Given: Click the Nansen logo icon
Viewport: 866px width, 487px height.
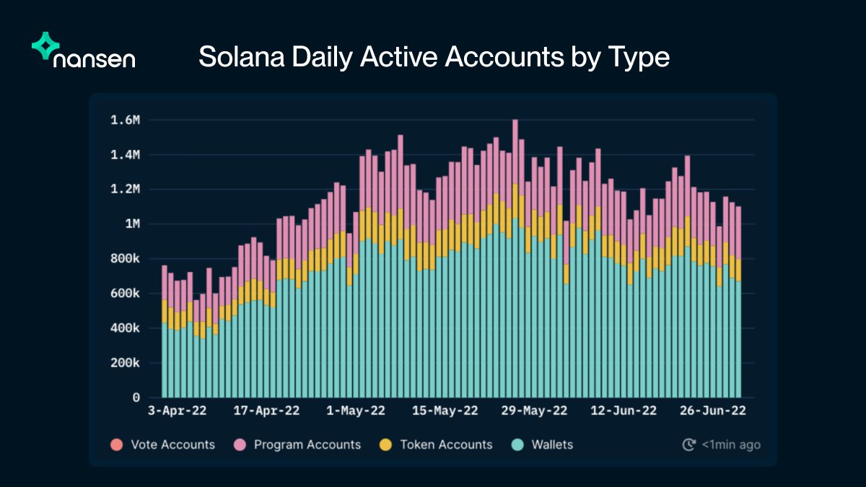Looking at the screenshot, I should (x=45, y=45).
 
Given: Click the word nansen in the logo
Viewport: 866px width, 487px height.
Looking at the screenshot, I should (x=94, y=58).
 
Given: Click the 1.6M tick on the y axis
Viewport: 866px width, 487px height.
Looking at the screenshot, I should (x=124, y=120).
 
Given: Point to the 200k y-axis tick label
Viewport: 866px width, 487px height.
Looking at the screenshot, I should (x=124, y=363).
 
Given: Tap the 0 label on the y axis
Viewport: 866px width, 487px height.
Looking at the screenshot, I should (x=135, y=398).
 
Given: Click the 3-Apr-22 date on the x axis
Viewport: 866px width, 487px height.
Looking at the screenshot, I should (x=178, y=411).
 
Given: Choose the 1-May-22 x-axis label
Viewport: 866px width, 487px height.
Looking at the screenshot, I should (x=356, y=411).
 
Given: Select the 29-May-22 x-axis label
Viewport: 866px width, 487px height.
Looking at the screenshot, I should (x=534, y=411).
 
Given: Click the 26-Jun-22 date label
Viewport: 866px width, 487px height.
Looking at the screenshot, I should (x=713, y=411).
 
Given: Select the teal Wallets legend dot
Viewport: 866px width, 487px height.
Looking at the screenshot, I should (x=516, y=444).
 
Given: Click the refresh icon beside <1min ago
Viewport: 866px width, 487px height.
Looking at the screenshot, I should (x=688, y=444).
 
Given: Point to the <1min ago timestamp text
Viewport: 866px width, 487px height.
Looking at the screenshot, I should (x=731, y=444).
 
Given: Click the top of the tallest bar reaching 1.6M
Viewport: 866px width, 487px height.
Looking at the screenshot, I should (x=515, y=121).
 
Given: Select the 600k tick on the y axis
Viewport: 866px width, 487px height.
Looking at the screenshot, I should (x=124, y=294).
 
